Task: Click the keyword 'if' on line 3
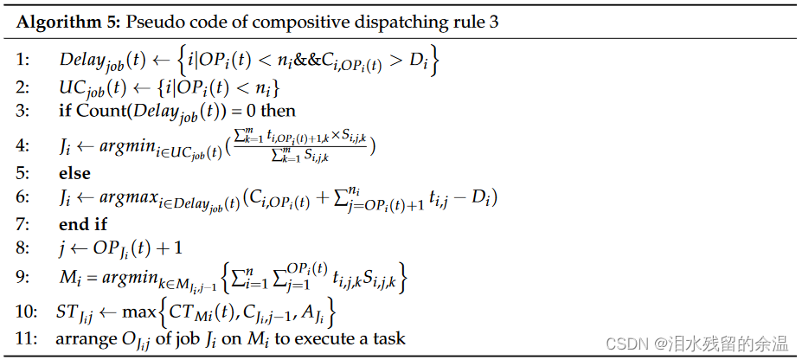(66, 110)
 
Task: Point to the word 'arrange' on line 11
(86, 338)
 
